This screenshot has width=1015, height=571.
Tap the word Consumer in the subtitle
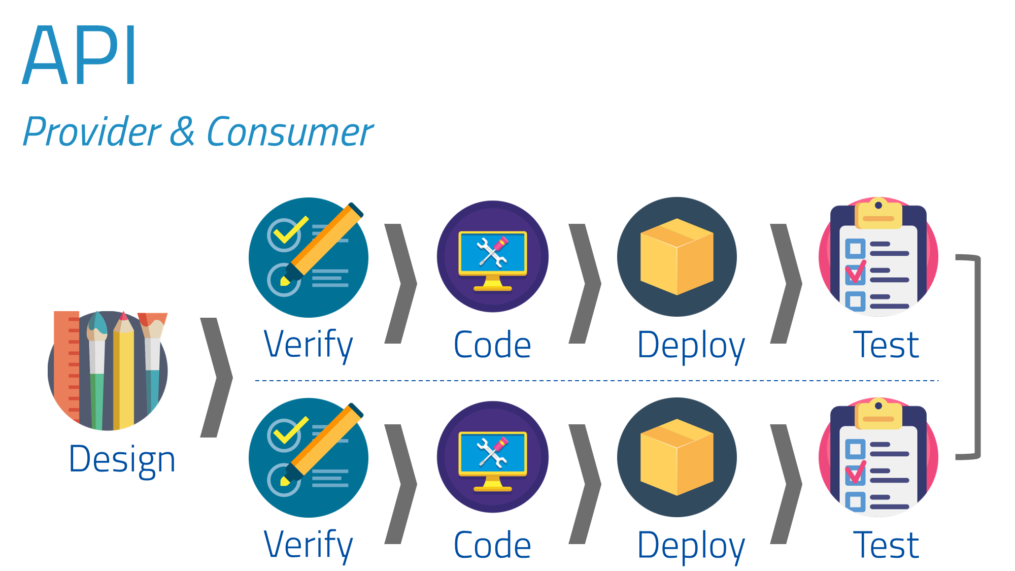click(290, 132)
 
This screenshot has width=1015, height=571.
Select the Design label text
click(122, 459)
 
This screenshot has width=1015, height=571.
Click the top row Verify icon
click(308, 257)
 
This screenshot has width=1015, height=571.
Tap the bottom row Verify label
click(308, 545)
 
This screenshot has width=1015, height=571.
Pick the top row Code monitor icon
click(492, 257)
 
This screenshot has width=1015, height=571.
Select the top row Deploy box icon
click(676, 257)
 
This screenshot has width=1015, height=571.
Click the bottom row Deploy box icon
click(676, 457)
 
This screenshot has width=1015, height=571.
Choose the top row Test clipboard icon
click(878, 257)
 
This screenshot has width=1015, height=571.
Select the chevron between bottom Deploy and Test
click(787, 484)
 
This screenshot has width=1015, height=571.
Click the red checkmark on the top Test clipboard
click(856, 273)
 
